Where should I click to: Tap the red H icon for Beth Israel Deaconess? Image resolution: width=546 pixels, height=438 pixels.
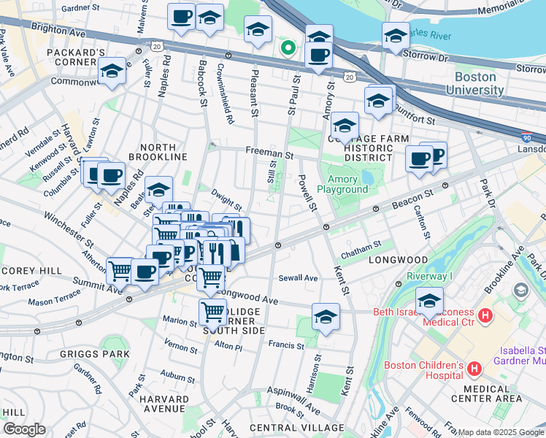pyautogui.click(x=487, y=316)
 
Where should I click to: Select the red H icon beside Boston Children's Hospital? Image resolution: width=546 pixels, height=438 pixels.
pyautogui.click(x=474, y=369)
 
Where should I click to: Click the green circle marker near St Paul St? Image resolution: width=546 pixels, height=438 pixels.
pyautogui.click(x=288, y=48)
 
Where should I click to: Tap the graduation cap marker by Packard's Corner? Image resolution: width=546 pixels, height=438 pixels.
pyautogui.click(x=112, y=72)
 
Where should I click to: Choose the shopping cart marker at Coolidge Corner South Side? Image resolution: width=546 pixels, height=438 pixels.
pyautogui.click(x=212, y=312)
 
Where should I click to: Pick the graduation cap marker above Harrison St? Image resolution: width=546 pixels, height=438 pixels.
pyautogui.click(x=326, y=317)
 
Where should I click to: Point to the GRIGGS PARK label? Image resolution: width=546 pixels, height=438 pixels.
pyautogui.click(x=101, y=354)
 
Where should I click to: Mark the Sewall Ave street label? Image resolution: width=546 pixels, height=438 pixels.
pyautogui.click(x=298, y=278)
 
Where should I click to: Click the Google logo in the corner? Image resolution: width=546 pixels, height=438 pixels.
pyautogui.click(x=24, y=429)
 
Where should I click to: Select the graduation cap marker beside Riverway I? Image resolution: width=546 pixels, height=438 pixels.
pyautogui.click(x=429, y=300)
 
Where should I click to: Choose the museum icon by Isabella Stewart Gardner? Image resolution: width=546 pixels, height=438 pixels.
pyautogui.click(x=521, y=290)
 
